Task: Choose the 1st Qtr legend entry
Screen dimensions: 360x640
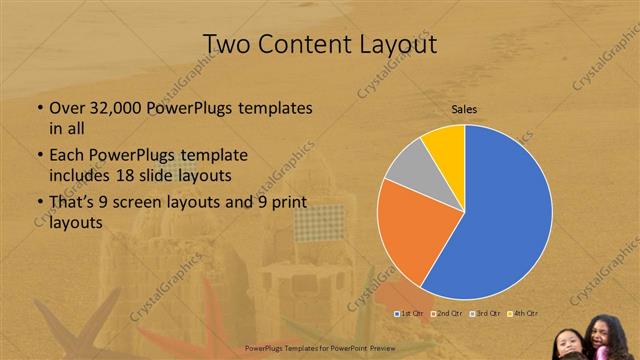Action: pyautogui.click(x=409, y=314)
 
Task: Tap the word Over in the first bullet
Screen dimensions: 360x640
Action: pyautogui.click(x=68, y=107)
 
